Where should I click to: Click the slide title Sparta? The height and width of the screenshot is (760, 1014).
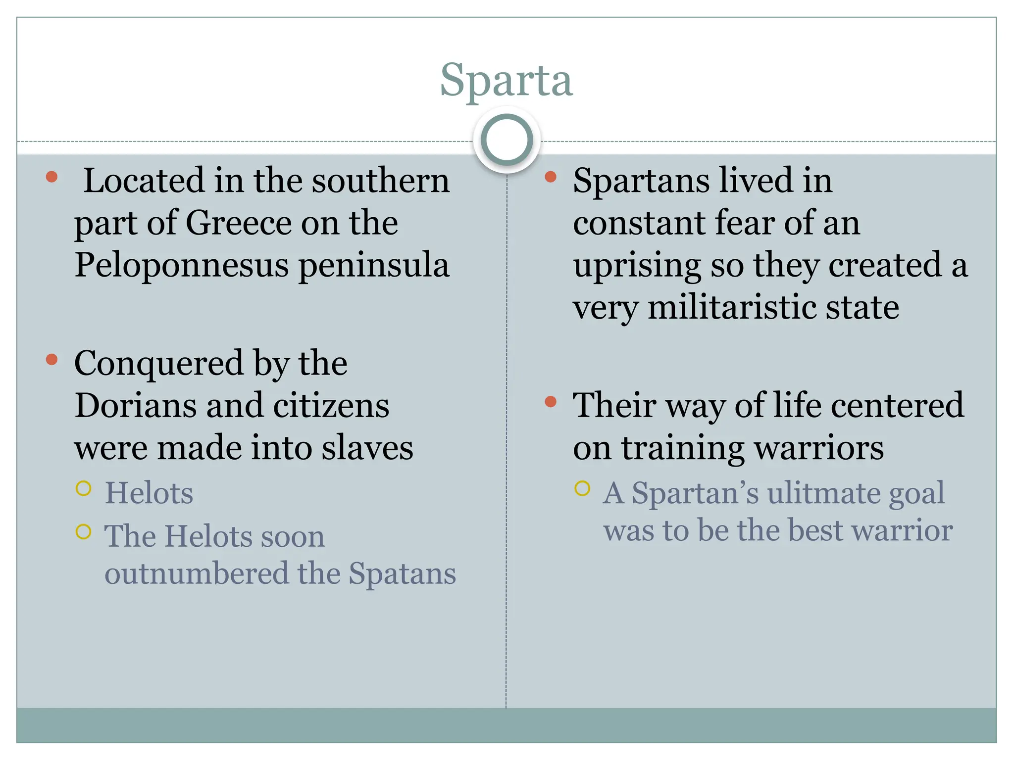point(507,80)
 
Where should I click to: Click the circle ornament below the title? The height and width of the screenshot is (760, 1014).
point(507,140)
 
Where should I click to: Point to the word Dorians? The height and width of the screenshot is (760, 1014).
point(135,406)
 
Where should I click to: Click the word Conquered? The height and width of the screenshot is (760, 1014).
point(159,364)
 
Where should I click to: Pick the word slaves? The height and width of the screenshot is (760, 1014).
point(367,448)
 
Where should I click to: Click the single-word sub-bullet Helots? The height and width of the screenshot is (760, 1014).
point(149,493)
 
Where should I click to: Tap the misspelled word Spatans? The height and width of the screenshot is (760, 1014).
point(402,574)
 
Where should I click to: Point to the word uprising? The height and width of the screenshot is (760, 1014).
point(637,266)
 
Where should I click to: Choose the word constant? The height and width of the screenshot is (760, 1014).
point(639,223)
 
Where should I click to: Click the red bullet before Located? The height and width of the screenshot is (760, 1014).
point(51,177)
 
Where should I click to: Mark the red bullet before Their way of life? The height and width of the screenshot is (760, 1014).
point(550,402)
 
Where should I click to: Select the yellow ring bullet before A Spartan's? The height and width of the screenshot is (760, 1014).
point(582,489)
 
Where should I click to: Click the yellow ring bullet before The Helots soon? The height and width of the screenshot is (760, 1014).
point(84,532)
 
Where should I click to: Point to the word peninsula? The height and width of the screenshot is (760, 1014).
point(374,266)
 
